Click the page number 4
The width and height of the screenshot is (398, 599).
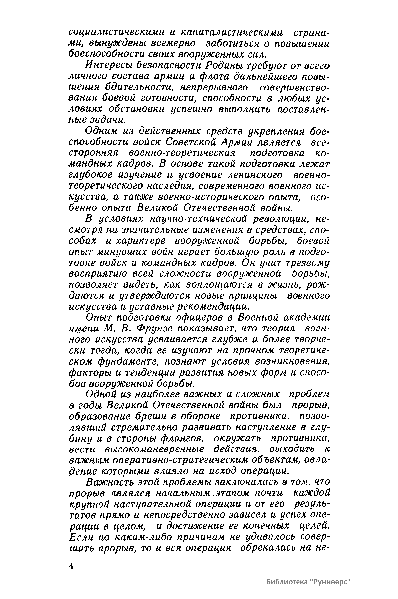pyautogui.click(x=71, y=566)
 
